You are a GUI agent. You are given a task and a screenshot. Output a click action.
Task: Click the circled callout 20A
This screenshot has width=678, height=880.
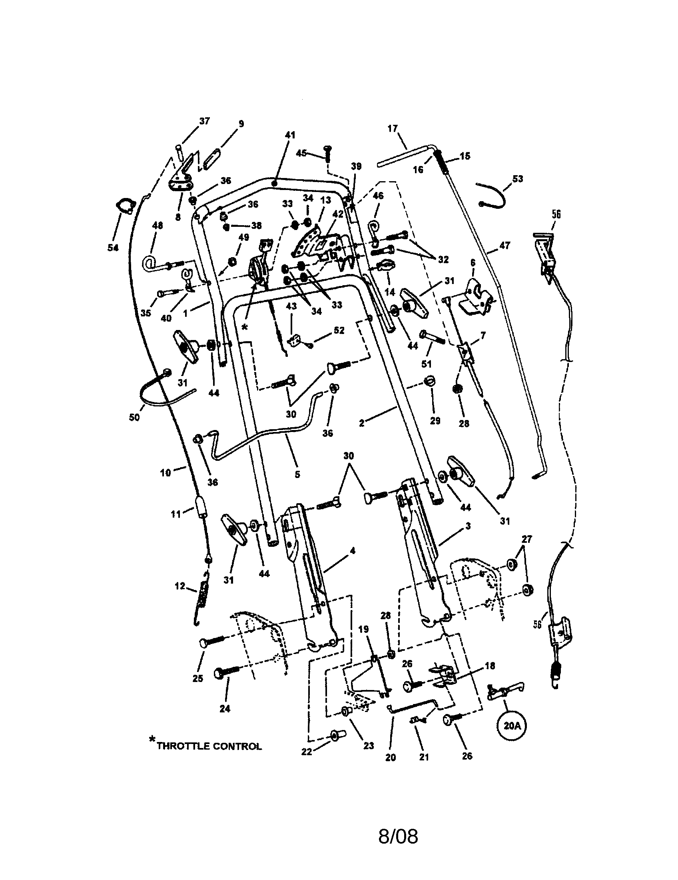511,726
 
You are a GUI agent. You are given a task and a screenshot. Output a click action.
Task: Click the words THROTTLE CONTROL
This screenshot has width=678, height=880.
209,746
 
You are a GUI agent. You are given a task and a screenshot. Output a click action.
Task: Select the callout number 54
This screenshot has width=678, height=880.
113,247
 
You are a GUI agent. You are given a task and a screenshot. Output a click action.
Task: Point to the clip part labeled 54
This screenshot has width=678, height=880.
125,206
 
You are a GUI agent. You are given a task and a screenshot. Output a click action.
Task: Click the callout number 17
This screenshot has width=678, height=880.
393,128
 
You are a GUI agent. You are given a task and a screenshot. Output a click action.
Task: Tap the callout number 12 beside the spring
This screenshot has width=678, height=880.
180,586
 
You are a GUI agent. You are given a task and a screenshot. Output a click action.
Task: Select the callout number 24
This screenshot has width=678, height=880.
225,708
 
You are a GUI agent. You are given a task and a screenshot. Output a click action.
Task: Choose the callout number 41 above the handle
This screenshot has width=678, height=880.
290,135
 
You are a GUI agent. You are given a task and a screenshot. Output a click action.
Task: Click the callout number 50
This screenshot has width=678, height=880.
134,418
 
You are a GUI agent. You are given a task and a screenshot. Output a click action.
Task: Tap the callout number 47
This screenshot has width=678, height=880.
505,245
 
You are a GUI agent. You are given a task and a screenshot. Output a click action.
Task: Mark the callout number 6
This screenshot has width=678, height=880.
473,263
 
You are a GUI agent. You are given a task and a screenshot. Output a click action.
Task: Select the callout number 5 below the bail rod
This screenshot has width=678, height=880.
297,474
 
